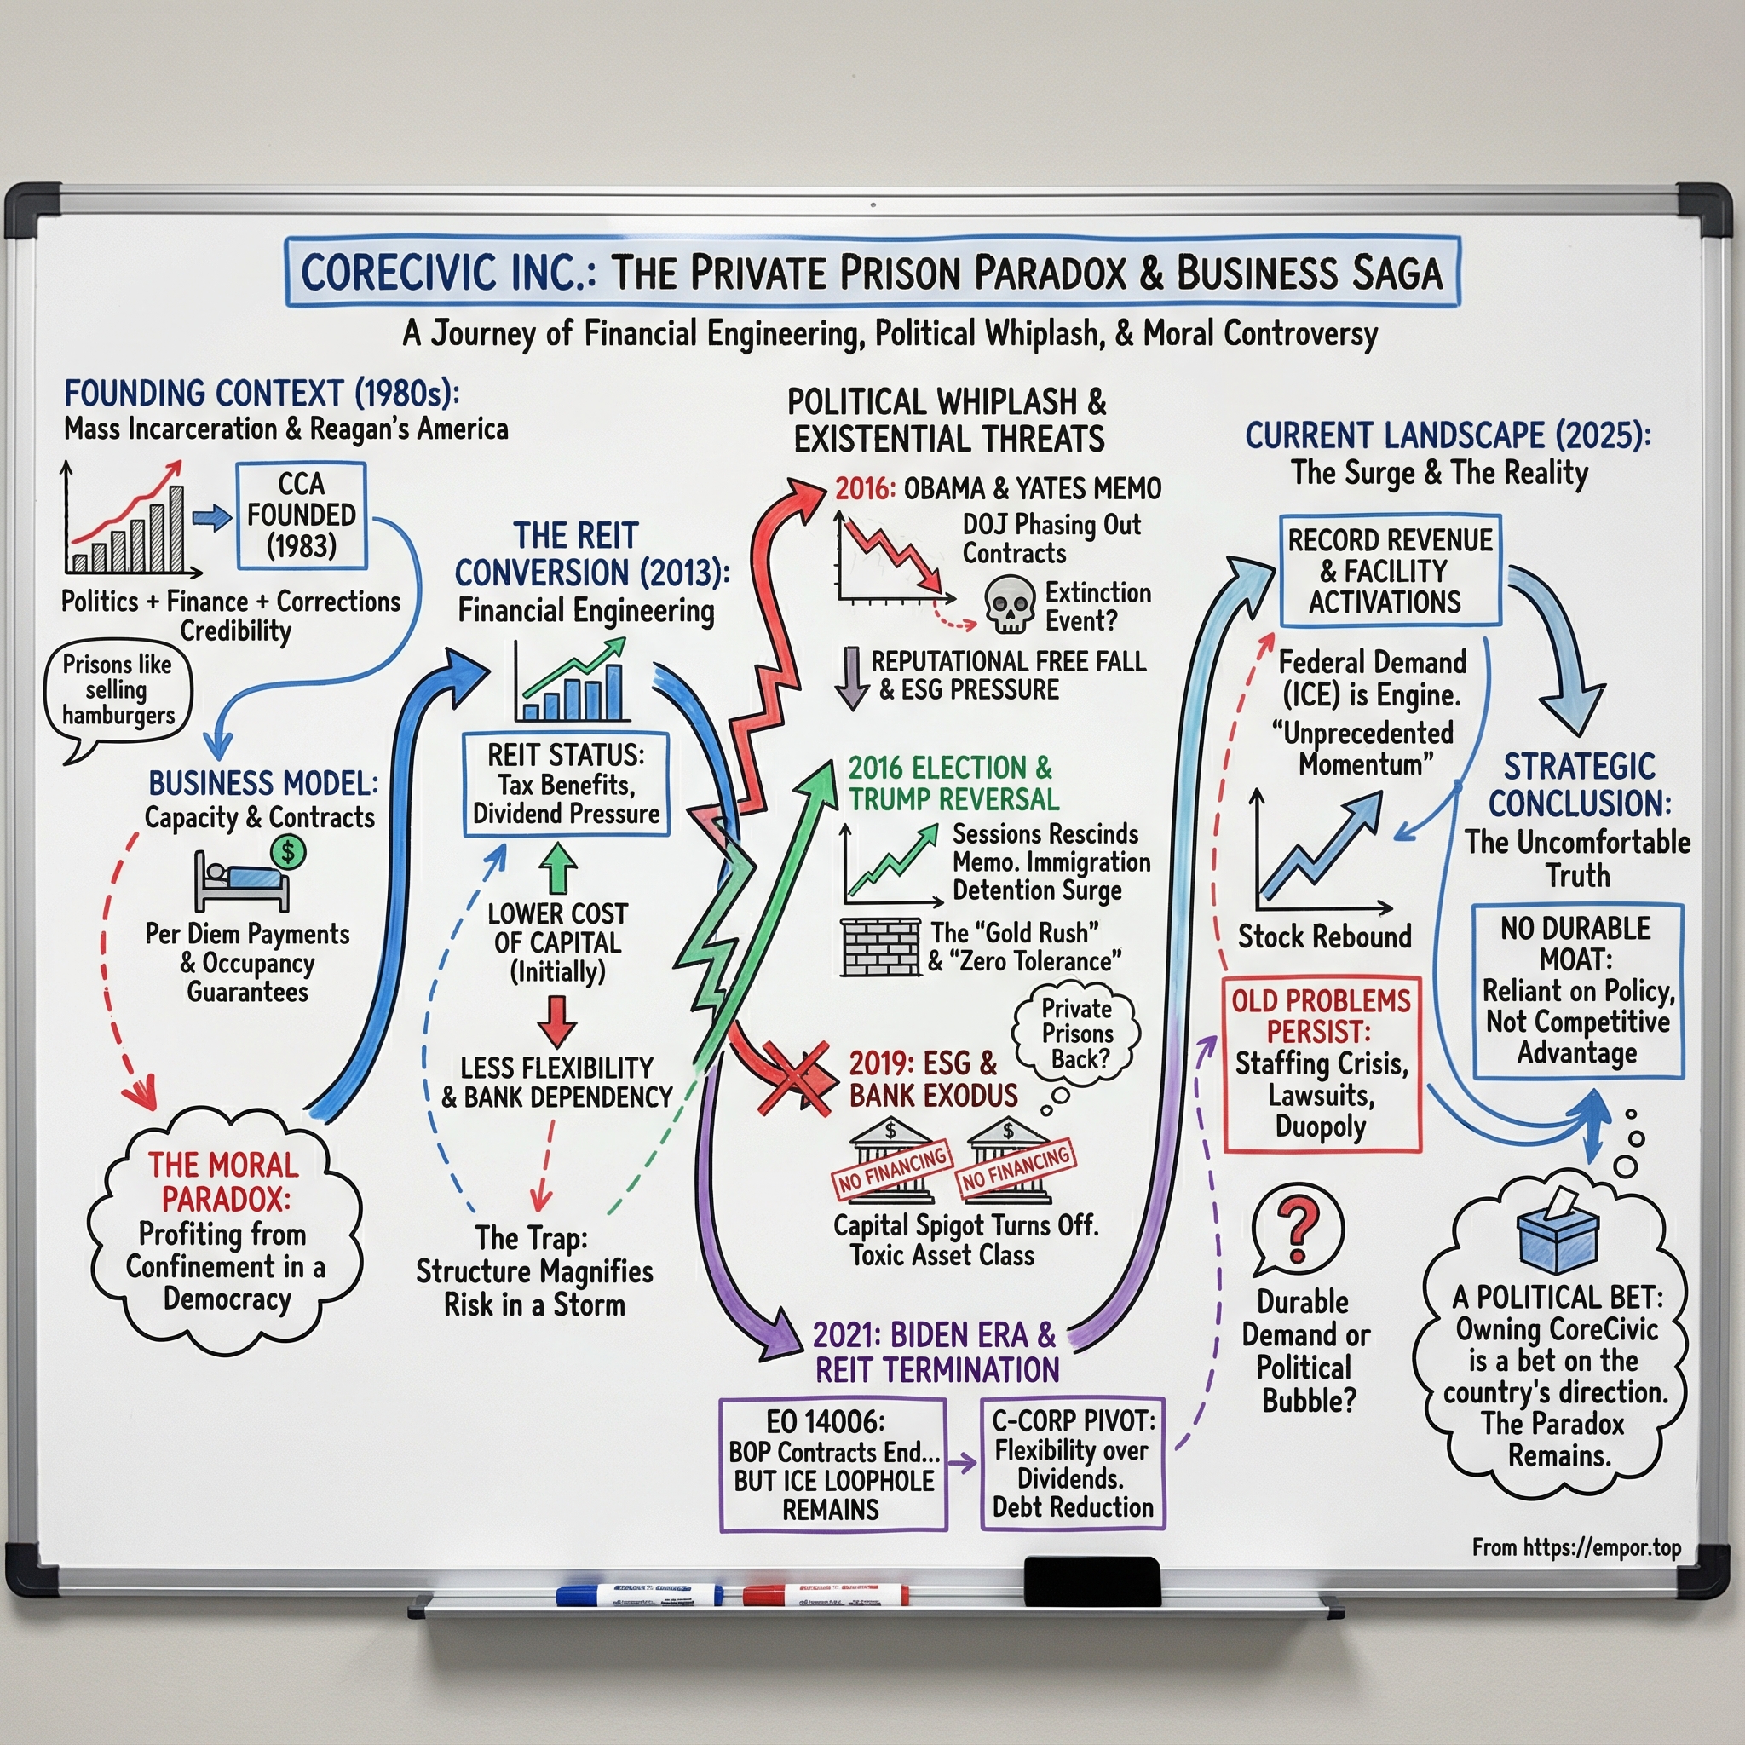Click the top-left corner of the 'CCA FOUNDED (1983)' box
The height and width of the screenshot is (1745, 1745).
point(238,464)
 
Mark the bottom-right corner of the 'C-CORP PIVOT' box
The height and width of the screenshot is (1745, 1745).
point(1164,1529)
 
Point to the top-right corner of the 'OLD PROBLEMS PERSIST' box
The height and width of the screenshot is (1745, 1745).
point(1420,978)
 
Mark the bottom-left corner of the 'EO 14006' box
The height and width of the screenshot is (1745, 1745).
point(722,1530)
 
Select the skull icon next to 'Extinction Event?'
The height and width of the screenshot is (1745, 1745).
point(1009,604)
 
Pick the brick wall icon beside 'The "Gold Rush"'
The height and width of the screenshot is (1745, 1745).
point(879,947)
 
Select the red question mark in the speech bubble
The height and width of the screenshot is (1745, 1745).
point(1299,1229)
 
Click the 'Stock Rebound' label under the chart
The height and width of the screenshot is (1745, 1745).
point(1324,936)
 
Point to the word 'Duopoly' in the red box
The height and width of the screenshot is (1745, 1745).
point(1321,1127)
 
